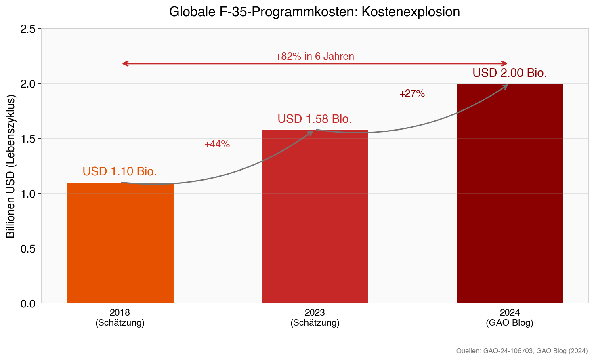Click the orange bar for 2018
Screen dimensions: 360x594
coord(120,242)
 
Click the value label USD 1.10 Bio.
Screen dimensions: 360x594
coord(120,172)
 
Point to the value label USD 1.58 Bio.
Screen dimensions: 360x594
coord(315,119)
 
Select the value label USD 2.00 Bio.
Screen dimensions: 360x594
coord(510,73)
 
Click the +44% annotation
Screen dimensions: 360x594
coord(217,144)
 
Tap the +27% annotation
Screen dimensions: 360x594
coord(412,94)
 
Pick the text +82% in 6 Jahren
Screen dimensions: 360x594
coord(315,57)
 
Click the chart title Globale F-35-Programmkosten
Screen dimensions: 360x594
coord(315,12)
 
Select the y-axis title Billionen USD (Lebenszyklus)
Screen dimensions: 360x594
coord(10,166)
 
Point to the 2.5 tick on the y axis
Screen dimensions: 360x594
coord(28,29)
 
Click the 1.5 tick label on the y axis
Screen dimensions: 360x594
coord(28,139)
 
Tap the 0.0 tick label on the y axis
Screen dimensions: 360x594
coord(28,303)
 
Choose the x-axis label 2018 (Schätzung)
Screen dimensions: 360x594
coord(120,318)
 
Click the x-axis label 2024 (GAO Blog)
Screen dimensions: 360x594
coord(510,318)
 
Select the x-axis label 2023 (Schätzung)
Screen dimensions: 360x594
coord(315,318)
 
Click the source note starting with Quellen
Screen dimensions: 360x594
coord(522,351)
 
